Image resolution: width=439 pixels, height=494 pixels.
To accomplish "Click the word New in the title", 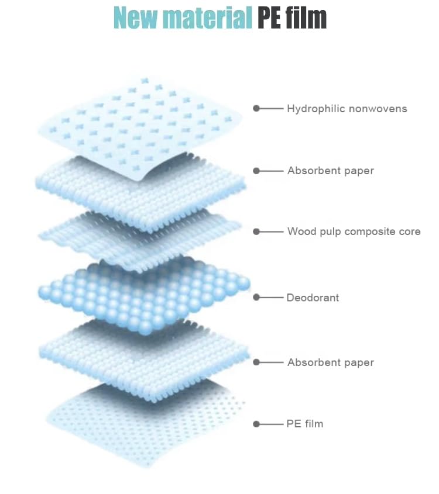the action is point(136,18).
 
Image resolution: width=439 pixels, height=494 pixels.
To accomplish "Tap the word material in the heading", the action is point(207,18).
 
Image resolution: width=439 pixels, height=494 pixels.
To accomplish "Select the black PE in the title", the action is point(269,18).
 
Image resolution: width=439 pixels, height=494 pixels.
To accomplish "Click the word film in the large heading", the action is point(306,18).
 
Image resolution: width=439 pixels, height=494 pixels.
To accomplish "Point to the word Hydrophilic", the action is point(316,109).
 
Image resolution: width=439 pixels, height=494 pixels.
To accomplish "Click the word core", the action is point(409,232).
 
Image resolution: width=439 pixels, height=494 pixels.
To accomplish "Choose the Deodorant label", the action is point(313,298).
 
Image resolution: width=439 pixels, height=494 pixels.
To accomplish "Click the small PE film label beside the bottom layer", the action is point(304,424).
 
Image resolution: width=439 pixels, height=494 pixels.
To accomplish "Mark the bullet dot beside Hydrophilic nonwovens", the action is point(256,108).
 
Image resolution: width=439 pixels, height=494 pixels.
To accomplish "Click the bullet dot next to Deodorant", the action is point(256,297).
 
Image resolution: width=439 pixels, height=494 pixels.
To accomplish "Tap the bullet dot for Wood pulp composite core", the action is point(256,232).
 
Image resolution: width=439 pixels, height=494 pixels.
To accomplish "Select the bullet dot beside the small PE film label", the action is point(256,424).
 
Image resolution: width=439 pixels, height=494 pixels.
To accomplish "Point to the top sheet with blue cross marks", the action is point(140,127).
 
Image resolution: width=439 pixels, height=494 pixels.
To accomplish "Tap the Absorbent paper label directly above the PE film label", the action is point(331,362).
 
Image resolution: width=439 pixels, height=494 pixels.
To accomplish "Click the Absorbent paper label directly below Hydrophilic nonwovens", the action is point(331,171).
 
